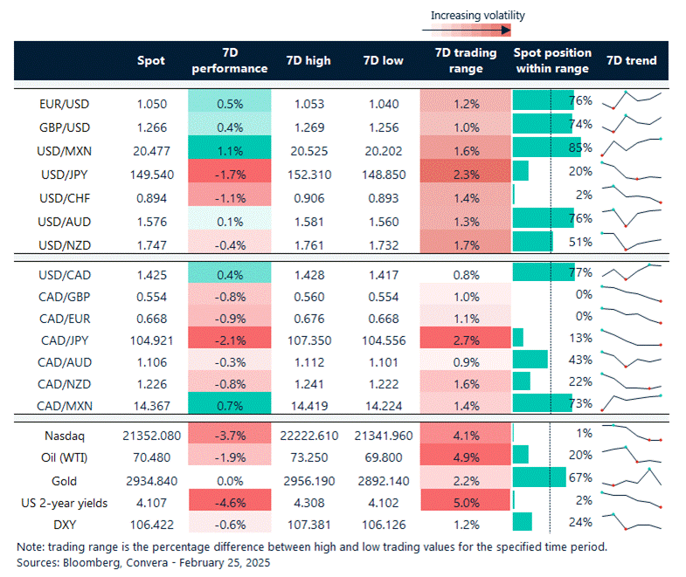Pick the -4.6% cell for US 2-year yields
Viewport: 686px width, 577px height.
[231, 503]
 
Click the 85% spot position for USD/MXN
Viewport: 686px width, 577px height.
[580, 148]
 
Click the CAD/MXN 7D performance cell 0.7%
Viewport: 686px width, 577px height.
[231, 405]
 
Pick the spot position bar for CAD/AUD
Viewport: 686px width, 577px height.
[530, 359]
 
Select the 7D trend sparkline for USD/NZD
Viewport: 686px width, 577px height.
[635, 239]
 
